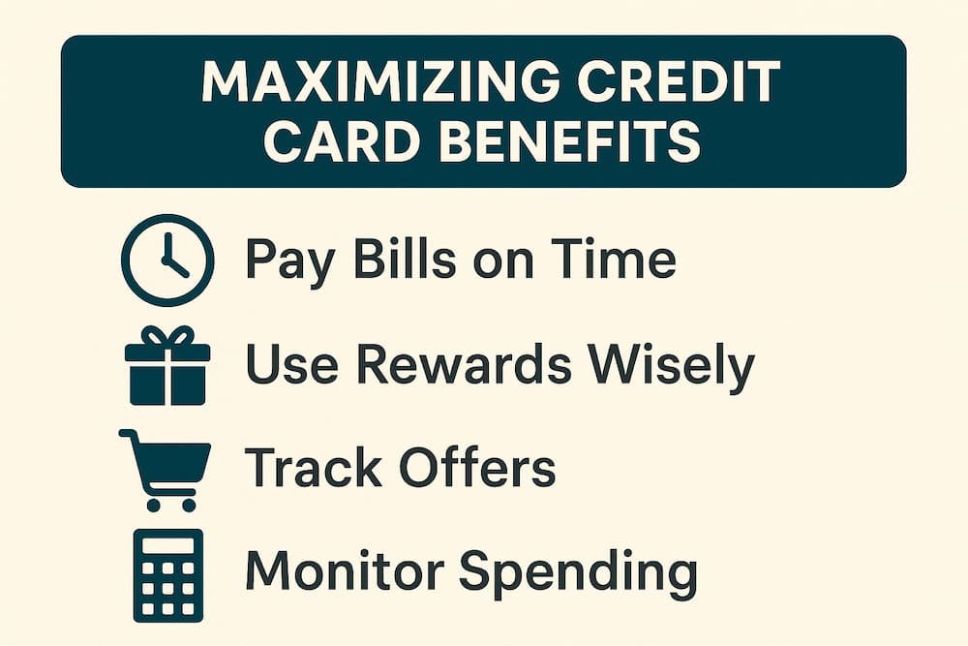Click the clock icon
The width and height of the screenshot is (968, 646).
[167, 261]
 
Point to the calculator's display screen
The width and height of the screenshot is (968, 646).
[167, 547]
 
